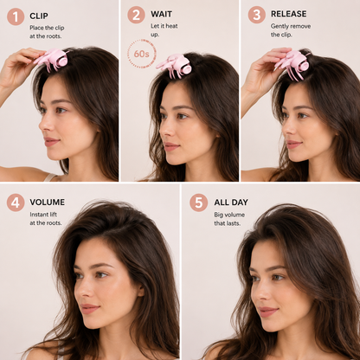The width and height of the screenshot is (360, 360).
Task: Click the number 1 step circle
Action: pyautogui.click(x=16, y=16)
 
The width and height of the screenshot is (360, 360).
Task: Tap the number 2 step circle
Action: pyautogui.click(x=136, y=15)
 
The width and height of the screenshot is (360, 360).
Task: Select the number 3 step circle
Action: pyautogui.click(x=257, y=15)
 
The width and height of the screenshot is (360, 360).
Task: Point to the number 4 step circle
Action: pyautogui.click(x=16, y=202)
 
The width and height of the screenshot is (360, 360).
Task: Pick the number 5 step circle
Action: pyautogui.click(x=199, y=202)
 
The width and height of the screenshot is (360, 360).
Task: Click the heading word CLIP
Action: pyautogui.click(x=39, y=16)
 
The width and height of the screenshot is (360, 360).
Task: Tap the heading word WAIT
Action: pyautogui.click(x=161, y=14)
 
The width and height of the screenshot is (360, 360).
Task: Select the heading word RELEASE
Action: pyautogui.click(x=289, y=14)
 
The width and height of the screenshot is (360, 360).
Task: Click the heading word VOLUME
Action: pyautogui.click(x=48, y=202)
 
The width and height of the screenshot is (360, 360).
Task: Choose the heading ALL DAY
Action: pyautogui.click(x=231, y=202)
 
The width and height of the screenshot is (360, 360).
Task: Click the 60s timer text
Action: pyautogui.click(x=141, y=54)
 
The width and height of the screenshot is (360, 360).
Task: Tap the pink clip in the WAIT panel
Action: pyautogui.click(x=175, y=66)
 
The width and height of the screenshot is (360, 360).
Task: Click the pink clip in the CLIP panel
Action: pyautogui.click(x=51, y=59)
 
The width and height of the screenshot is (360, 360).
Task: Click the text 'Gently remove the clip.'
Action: pyautogui.click(x=291, y=30)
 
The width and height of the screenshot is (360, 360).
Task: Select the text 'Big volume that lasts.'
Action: pyautogui.click(x=229, y=219)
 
